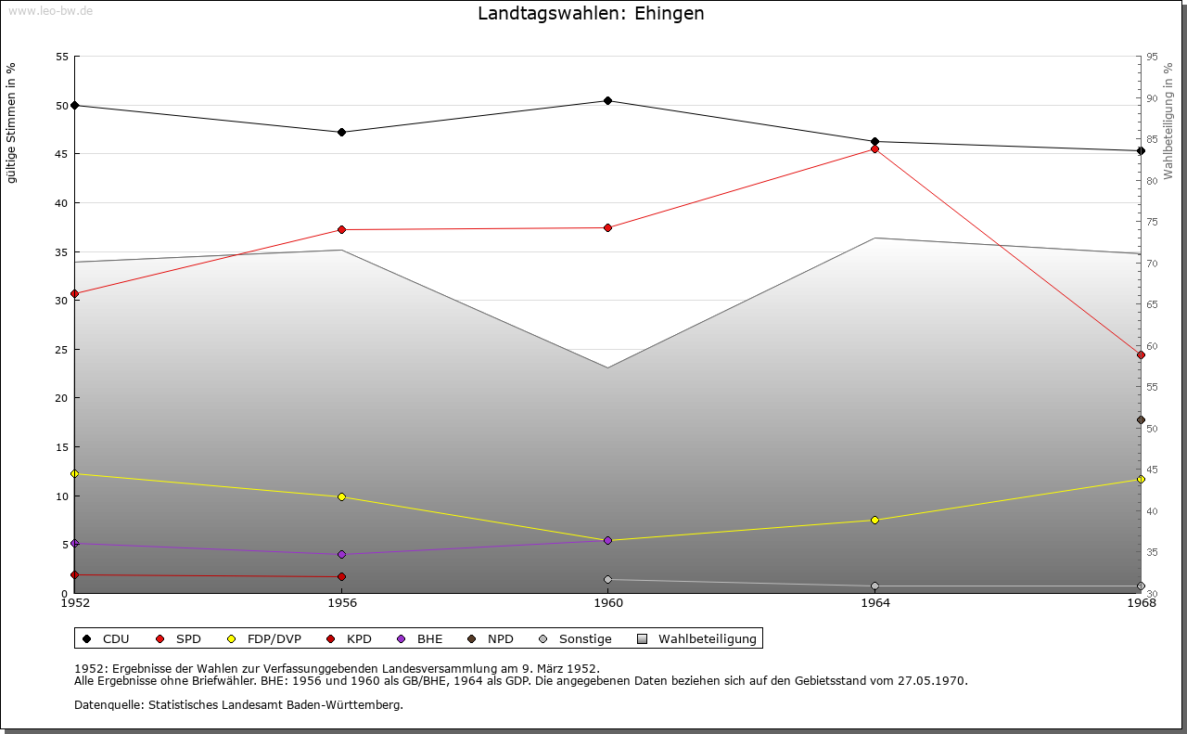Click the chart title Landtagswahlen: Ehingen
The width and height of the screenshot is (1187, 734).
591,14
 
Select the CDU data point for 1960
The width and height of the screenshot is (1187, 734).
607,101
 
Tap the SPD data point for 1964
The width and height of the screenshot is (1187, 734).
874,148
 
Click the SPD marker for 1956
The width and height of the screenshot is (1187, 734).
341,229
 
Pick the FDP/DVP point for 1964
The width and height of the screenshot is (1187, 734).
874,520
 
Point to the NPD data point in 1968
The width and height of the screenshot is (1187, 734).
1141,419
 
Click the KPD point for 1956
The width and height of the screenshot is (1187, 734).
341,576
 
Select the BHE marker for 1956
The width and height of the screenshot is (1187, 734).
341,554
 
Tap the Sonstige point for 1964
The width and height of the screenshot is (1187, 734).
874,586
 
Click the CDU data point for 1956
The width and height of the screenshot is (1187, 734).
341,132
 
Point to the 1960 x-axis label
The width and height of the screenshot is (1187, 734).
607,604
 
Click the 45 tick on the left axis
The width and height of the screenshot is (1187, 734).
62,154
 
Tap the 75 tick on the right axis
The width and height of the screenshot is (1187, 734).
1152,222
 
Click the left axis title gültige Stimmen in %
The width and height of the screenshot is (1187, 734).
11,122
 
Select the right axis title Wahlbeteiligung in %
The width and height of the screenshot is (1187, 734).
1168,121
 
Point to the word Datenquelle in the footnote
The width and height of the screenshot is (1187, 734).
105,705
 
